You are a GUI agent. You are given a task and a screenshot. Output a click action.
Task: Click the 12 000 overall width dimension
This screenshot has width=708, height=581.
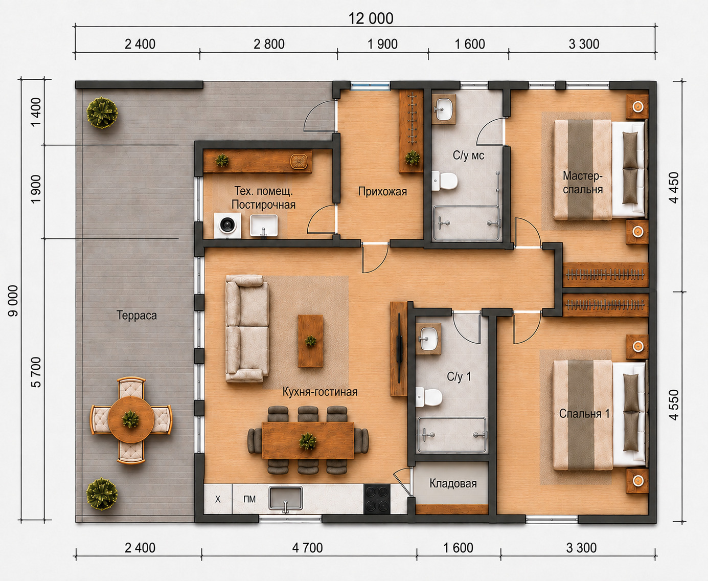pyautogui.click(x=371, y=18)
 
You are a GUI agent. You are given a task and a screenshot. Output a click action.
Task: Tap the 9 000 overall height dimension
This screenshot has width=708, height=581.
pyautogui.click(x=13, y=301)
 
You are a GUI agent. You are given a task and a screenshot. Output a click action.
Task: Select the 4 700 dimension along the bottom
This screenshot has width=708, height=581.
pyautogui.click(x=307, y=548)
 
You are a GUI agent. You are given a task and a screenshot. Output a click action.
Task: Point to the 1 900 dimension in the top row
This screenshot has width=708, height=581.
pyautogui.click(x=382, y=44)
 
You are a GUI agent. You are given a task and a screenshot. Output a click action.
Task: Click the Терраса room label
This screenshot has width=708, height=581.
pyautogui.click(x=136, y=316)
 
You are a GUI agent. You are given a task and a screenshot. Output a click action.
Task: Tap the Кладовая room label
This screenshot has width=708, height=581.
pyautogui.click(x=453, y=483)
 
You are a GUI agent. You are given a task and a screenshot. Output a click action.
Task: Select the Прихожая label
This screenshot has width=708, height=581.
pyautogui.click(x=382, y=191)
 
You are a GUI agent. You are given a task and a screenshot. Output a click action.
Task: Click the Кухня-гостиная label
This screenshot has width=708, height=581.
pyautogui.click(x=320, y=392)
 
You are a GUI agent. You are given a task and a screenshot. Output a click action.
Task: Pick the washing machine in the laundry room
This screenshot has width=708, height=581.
pyautogui.click(x=227, y=226)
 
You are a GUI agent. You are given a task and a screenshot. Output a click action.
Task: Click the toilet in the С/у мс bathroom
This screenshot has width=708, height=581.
pyautogui.click(x=444, y=181)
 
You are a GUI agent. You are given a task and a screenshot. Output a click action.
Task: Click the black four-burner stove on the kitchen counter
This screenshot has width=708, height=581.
pyautogui.click(x=377, y=499)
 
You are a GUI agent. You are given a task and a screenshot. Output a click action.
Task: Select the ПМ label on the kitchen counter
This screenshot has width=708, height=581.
pyautogui.click(x=249, y=499)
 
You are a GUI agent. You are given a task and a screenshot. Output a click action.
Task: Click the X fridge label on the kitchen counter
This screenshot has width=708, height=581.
pyautogui.click(x=218, y=499)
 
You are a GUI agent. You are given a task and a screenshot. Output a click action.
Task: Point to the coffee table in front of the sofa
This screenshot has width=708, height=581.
pyautogui.click(x=310, y=341)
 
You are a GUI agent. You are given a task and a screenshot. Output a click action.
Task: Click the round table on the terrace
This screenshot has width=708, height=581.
pyautogui.click(x=131, y=420)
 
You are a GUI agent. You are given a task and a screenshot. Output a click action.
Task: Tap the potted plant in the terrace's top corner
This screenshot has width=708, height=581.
pyautogui.click(x=102, y=113)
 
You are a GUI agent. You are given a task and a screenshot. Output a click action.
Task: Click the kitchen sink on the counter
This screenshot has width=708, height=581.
pyautogui.click(x=285, y=498)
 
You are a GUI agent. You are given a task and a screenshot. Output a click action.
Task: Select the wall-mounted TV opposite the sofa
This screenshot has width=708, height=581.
pyautogui.click(x=399, y=348)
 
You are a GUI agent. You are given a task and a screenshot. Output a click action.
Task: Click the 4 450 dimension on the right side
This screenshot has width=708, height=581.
pyautogui.click(x=673, y=188)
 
